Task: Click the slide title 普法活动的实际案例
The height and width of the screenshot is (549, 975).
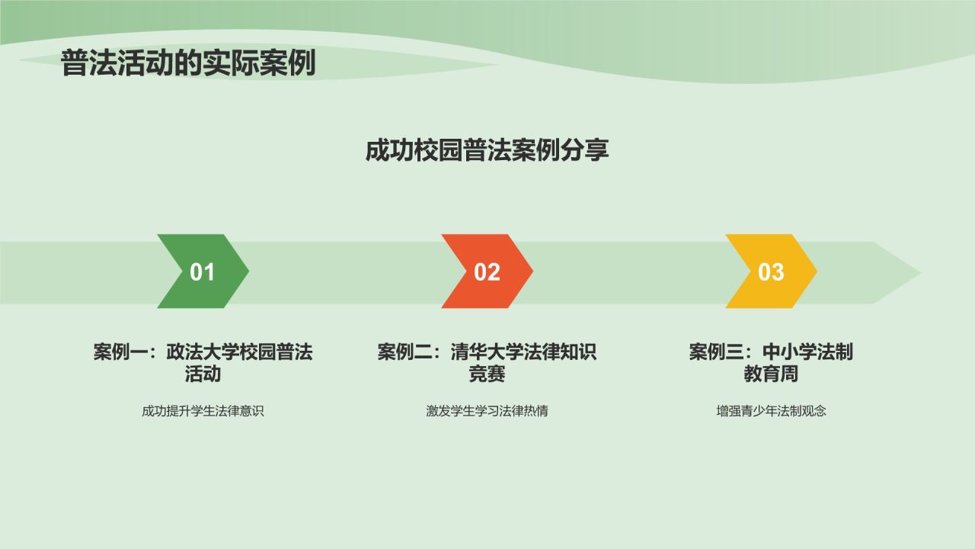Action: tap(188, 64)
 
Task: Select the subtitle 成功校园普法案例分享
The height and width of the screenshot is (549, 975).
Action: tap(487, 150)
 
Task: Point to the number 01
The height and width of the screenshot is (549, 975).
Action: tap(202, 272)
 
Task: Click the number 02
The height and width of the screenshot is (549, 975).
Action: tap(487, 272)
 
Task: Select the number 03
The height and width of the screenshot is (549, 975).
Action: tap(771, 272)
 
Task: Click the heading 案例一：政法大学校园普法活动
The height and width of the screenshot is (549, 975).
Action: tap(203, 363)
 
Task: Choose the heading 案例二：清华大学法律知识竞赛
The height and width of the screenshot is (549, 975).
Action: tap(487, 363)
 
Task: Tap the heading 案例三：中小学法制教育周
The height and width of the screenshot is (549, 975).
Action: tap(771, 363)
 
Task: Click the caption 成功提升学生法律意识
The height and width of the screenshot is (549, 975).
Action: tap(203, 411)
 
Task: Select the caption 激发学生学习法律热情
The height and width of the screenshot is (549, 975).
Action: tap(487, 411)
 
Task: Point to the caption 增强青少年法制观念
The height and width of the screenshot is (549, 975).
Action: tap(771, 411)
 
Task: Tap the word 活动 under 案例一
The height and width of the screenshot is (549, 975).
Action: tap(203, 374)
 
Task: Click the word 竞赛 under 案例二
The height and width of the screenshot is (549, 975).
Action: tap(487, 374)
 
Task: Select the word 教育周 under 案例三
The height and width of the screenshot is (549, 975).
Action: tap(771, 374)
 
